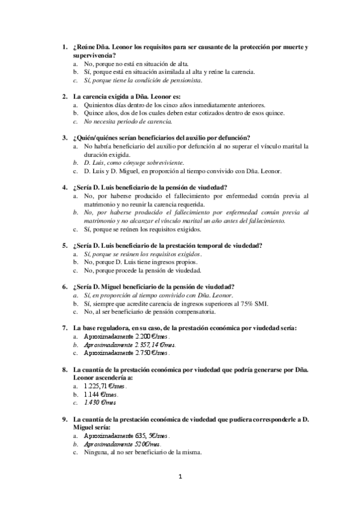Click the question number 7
(x=65, y=327)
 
